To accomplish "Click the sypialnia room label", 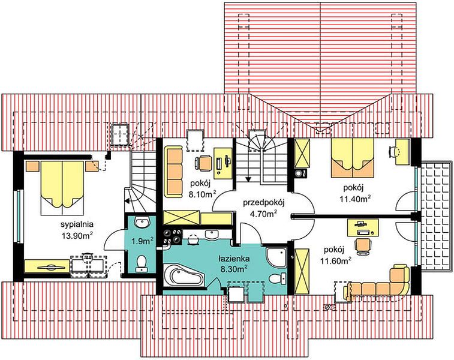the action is (77, 224).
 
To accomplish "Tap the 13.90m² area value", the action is (77, 235).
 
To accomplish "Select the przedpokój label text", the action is (264, 203).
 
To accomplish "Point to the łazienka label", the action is (234, 258).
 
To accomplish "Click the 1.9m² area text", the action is (142, 241).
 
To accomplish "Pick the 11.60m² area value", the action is (336, 261).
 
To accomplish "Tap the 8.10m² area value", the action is (202, 194).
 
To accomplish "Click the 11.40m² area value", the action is (355, 199).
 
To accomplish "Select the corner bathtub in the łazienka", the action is (184, 276).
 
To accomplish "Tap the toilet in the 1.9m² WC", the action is (142, 262).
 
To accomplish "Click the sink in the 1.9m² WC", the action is (142, 223).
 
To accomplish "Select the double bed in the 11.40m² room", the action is (353, 158).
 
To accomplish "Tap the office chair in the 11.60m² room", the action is (362, 246).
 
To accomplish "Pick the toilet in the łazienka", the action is (278, 278).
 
